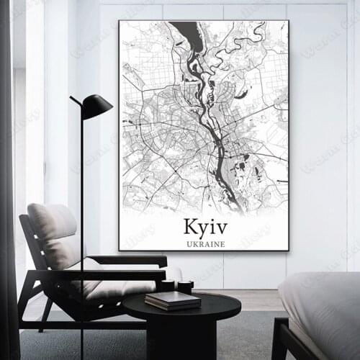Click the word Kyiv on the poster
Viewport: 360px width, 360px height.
coord(204,227)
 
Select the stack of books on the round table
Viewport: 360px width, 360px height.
coord(173,300)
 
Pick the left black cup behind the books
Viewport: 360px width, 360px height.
coord(168,286)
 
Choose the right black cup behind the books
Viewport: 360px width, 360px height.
coord(185,287)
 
